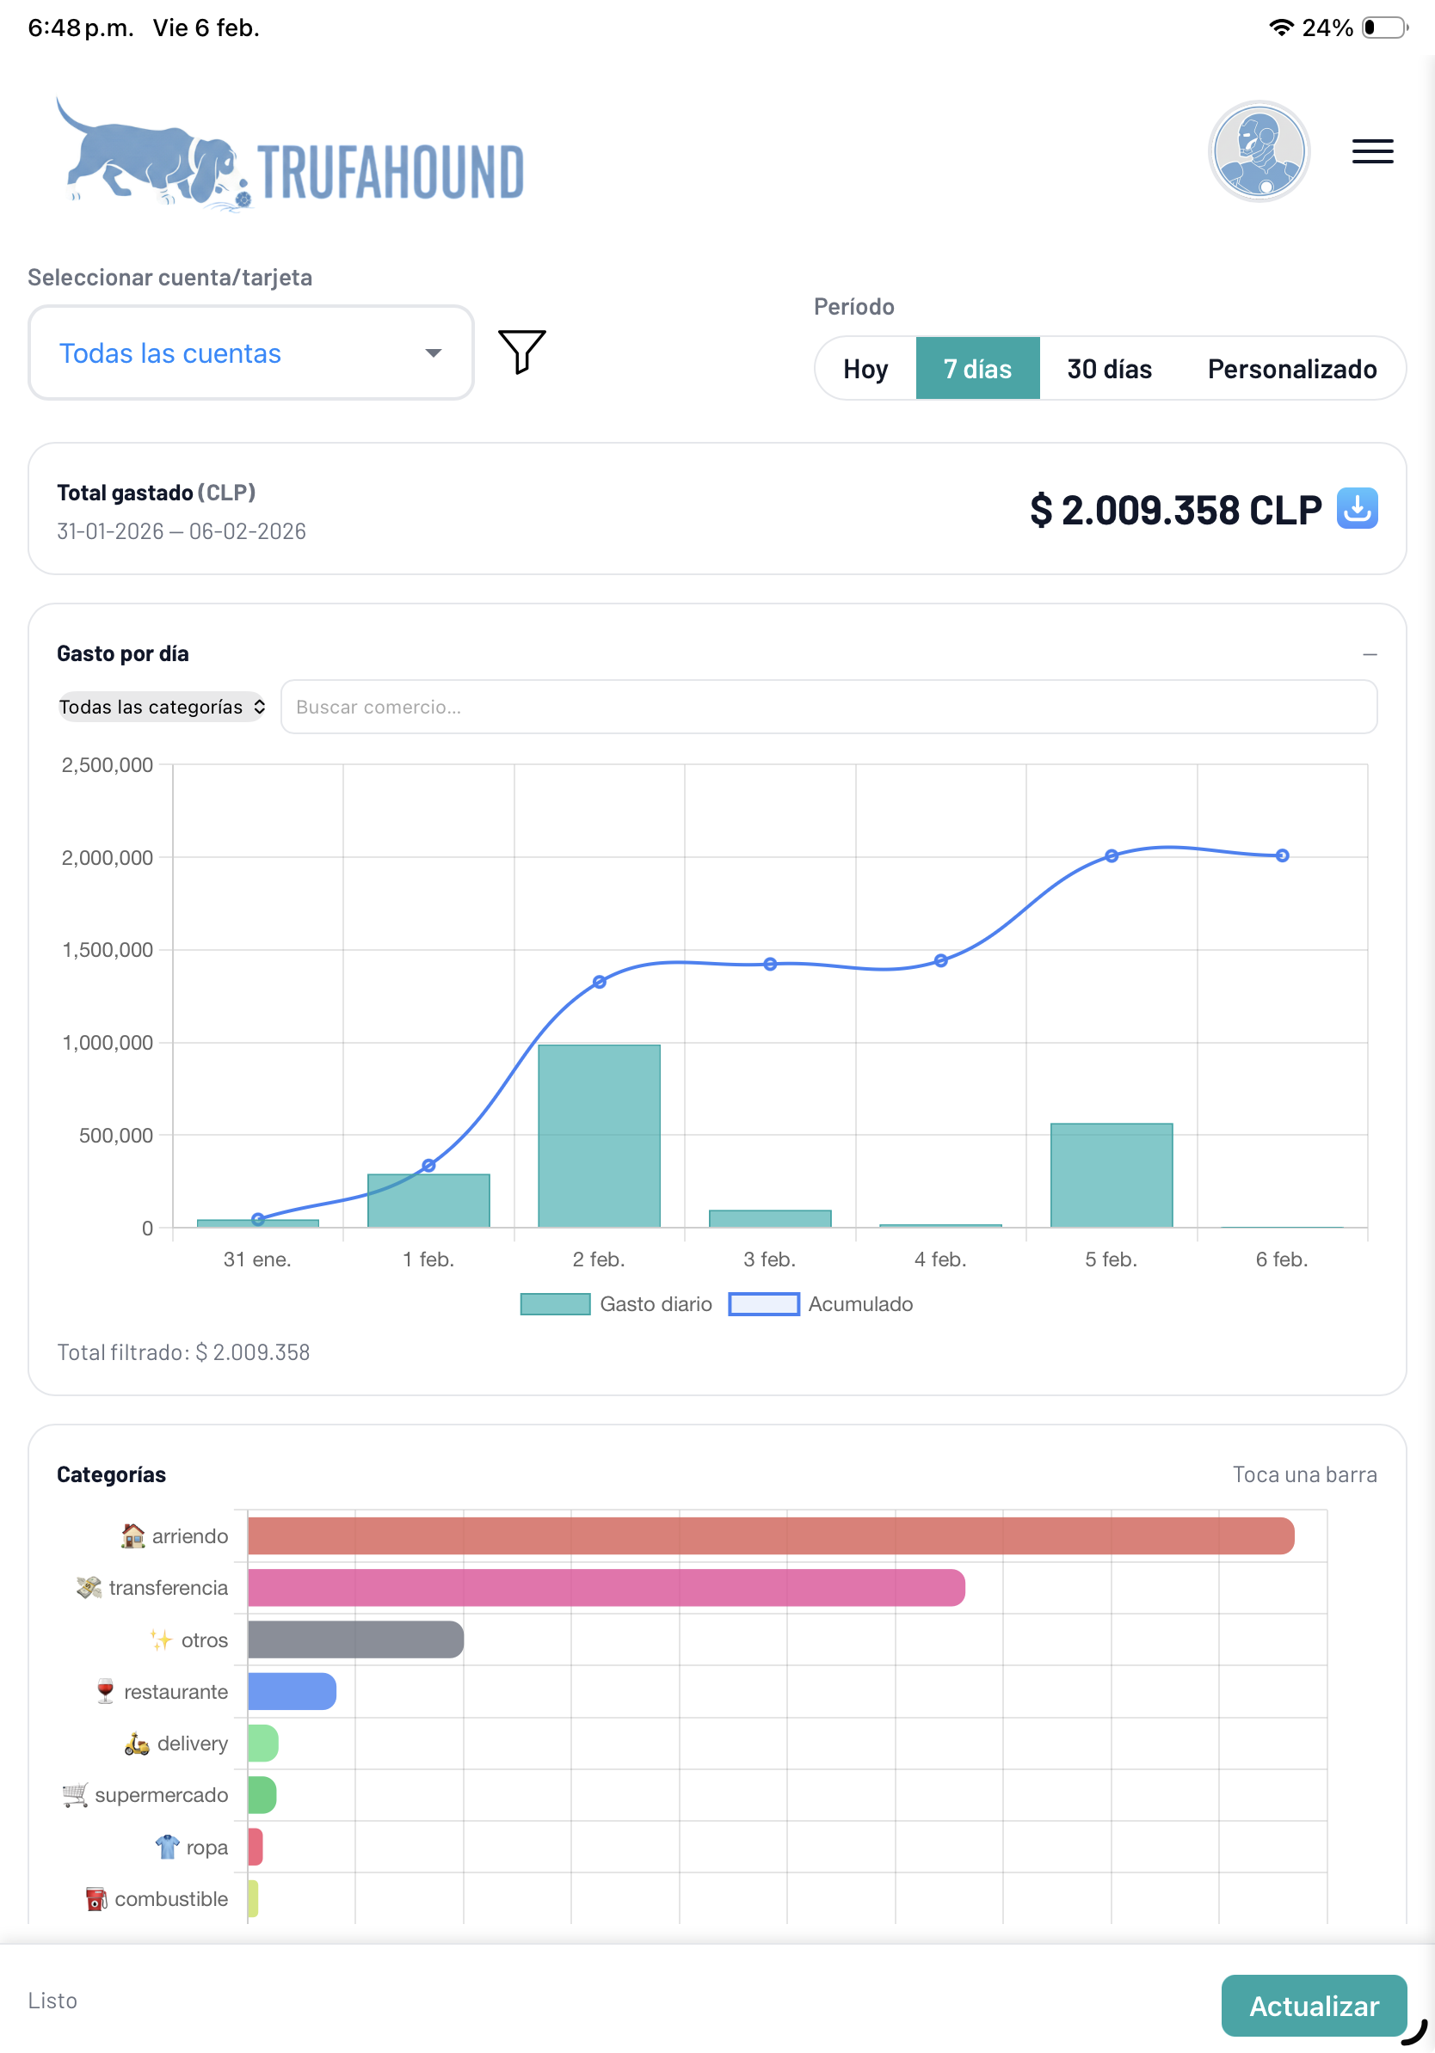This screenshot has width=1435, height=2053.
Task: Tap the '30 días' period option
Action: pos(1108,369)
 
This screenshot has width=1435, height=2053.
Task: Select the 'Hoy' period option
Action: pos(865,369)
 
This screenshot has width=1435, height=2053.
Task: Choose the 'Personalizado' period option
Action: pos(1291,369)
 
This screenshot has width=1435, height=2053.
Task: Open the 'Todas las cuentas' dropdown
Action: pos(250,353)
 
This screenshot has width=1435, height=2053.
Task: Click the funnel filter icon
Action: pos(521,352)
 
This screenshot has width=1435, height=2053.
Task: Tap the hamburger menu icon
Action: pos(1371,151)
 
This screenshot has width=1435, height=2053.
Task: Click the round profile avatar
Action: pos(1259,151)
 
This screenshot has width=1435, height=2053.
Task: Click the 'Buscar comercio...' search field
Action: pos(828,707)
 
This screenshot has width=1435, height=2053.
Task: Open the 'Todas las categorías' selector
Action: pos(161,707)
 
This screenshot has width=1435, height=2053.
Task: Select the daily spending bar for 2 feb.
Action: pos(599,1136)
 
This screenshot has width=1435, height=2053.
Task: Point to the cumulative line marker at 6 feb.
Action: pos(1281,855)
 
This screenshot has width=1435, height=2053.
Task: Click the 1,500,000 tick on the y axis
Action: pos(107,950)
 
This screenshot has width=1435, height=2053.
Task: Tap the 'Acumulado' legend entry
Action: pos(821,1303)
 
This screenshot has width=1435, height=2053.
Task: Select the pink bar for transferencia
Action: pos(606,1587)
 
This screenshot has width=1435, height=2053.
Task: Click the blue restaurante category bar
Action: pos(292,1691)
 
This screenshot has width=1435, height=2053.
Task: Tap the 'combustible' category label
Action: pos(170,1898)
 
